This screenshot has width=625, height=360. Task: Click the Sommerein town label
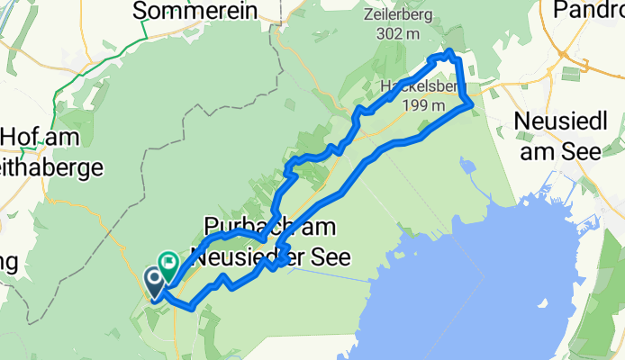(x=195, y=12)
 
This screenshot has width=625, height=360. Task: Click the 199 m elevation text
(x=423, y=105)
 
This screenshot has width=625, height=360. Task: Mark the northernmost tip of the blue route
(x=449, y=51)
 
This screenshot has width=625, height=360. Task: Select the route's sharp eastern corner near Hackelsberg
(x=472, y=106)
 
